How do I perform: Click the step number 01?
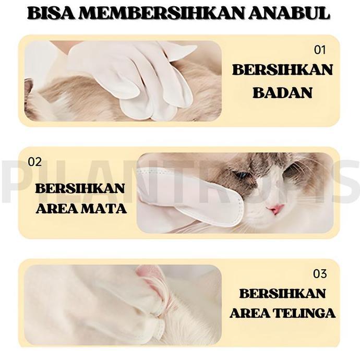[319, 50]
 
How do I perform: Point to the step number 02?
[34, 162]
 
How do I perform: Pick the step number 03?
[320, 273]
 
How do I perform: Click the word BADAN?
[282, 93]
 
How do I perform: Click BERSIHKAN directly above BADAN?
[282, 70]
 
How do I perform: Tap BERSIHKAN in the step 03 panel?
[282, 293]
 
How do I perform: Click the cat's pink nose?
[277, 209]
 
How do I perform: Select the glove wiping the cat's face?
[193, 196]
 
